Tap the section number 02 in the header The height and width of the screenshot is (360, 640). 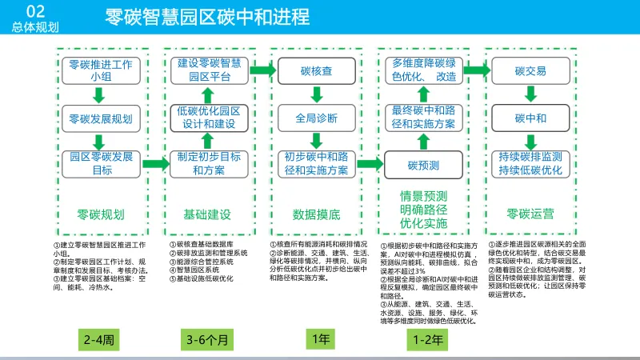[36, 10]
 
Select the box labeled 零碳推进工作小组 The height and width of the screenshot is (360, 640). [101, 70]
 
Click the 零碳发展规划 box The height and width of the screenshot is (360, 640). [101, 118]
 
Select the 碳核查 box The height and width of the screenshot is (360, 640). [316, 70]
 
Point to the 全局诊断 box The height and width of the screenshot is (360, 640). [316, 118]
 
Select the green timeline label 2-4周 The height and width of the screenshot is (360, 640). [101, 340]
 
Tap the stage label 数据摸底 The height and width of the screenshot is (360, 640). [316, 214]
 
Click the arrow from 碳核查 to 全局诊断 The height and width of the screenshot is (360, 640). [316, 94]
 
